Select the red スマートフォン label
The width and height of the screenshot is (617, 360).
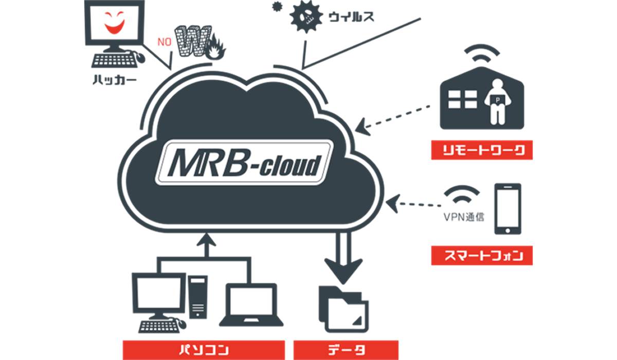(x=482, y=255)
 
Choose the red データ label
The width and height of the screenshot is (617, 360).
(x=345, y=350)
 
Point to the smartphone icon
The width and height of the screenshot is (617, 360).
(x=507, y=208)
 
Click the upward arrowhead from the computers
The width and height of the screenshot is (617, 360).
(x=206, y=238)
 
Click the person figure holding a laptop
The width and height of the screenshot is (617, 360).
(x=497, y=101)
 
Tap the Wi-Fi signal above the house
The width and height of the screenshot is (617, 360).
(x=482, y=52)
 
